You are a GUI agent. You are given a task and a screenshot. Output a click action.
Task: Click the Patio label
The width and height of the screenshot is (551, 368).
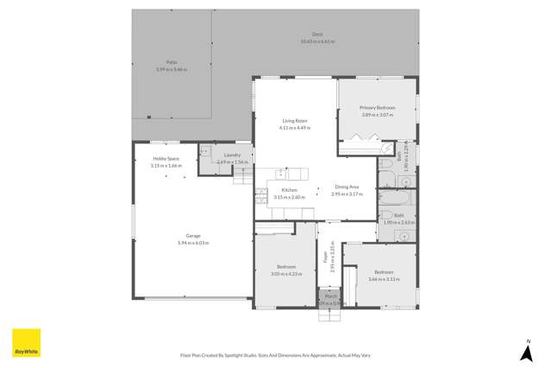pos(172,63)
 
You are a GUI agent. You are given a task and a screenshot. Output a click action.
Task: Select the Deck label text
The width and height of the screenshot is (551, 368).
pos(317,35)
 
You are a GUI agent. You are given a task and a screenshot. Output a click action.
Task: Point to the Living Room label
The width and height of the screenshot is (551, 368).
pos(294,121)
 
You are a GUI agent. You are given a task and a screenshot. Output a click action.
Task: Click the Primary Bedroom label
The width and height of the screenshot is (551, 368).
pos(377,108)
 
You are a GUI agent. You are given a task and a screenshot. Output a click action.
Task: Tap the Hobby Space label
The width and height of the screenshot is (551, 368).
pos(166,159)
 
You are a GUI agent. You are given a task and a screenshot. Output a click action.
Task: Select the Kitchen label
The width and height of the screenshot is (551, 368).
pos(289,190)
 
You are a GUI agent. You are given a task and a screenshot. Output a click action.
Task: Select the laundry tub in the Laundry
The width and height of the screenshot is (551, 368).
pos(205,151)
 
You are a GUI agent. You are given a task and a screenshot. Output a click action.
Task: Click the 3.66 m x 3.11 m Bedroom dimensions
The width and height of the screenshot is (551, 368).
pos(384,279)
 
